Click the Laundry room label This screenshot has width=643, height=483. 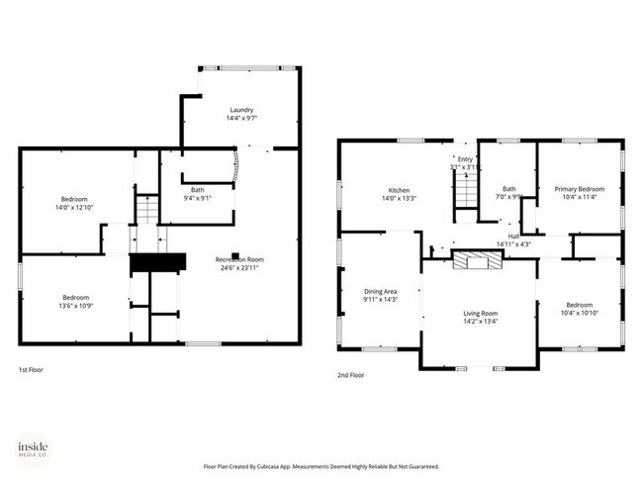(x=241, y=110)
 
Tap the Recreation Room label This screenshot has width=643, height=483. (x=240, y=259)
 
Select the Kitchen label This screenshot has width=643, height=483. (x=399, y=190)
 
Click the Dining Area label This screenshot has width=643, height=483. (x=380, y=291)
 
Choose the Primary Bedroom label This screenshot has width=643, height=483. (x=579, y=189)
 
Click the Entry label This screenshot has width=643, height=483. (x=465, y=159)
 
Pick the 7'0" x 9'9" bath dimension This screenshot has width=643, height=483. (x=509, y=197)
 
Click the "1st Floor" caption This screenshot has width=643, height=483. (x=31, y=370)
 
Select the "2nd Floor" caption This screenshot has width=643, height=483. (x=350, y=376)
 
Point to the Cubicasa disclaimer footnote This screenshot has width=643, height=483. (x=321, y=466)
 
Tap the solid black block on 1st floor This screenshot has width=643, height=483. (x=158, y=262)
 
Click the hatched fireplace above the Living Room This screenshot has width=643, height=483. (x=478, y=260)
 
